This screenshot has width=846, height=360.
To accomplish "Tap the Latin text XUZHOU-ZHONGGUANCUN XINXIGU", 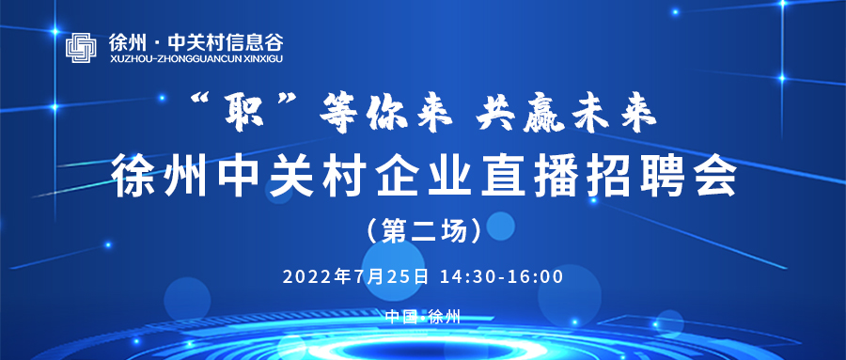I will tap(194, 58).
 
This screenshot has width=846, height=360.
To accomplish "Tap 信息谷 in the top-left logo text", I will tap(256, 41).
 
